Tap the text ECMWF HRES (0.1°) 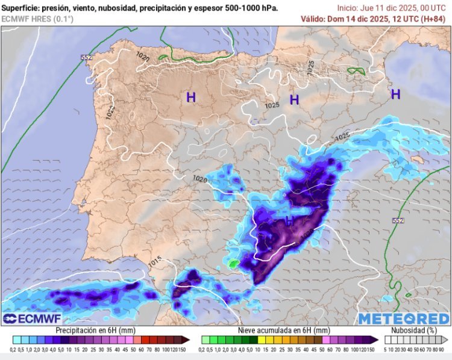37,19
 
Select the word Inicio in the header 349,8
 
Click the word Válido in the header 312,19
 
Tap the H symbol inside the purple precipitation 289,221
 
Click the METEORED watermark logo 404,318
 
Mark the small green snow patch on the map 233,263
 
